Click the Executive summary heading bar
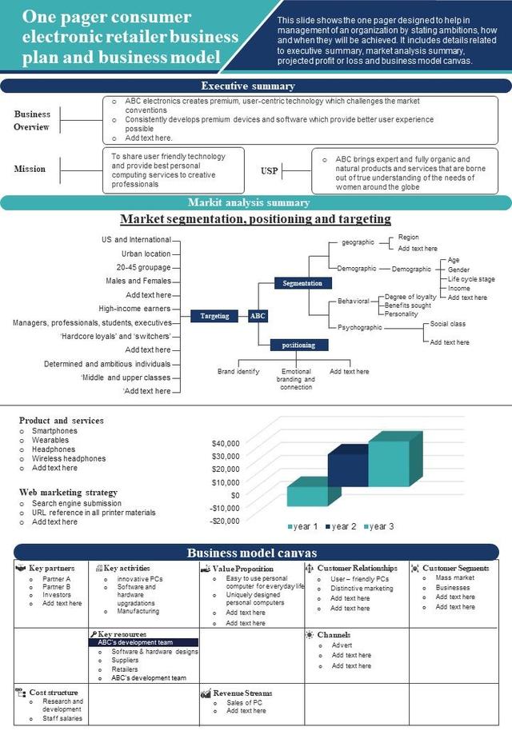pyautogui.click(x=256, y=86)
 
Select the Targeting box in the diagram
pyautogui.click(x=214, y=316)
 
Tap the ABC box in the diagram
pyautogui.click(x=258, y=316)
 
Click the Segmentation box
pyautogui.click(x=302, y=283)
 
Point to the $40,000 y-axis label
pyautogui.click(x=225, y=443)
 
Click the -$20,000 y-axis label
pyautogui.click(x=223, y=521)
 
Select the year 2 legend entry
pyautogui.click(x=341, y=526)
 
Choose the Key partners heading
pyautogui.click(x=52, y=569)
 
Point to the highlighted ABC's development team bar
pyautogui.click(x=144, y=642)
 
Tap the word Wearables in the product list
pyautogui.click(x=50, y=440)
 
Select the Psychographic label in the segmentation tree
pyautogui.click(x=360, y=328)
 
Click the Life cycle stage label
pyautogui.click(x=471, y=279)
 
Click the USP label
pyautogui.click(x=270, y=171)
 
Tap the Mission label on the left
pyautogui.click(x=30, y=169)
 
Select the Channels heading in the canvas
pyautogui.click(x=334, y=635)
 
